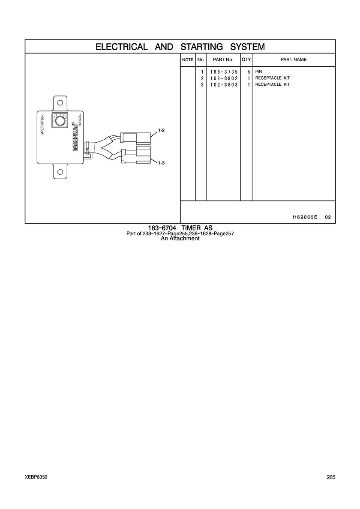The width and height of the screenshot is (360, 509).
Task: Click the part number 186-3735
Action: tap(224, 72)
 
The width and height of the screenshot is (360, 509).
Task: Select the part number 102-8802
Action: tap(224, 78)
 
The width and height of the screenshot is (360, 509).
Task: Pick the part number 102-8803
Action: tap(224, 85)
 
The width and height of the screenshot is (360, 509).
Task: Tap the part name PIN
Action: tap(259, 72)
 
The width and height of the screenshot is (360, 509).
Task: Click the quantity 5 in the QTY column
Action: tap(249, 72)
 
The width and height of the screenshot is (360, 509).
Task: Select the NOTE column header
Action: tap(188, 60)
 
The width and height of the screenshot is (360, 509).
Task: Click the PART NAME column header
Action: tap(294, 60)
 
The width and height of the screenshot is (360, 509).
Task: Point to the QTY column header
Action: tap(246, 60)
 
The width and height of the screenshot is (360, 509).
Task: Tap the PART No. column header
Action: tap(223, 60)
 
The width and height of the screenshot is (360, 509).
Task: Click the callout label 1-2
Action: tap(161, 131)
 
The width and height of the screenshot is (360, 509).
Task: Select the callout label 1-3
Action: tap(161, 163)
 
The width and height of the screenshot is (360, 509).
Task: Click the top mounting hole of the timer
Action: tap(60, 103)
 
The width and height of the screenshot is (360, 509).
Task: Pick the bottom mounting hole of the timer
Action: tap(60, 172)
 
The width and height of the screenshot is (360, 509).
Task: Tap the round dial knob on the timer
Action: tap(60, 121)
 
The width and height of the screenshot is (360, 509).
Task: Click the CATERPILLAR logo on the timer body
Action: tap(75, 137)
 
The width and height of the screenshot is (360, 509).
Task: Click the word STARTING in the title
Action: tap(201, 47)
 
